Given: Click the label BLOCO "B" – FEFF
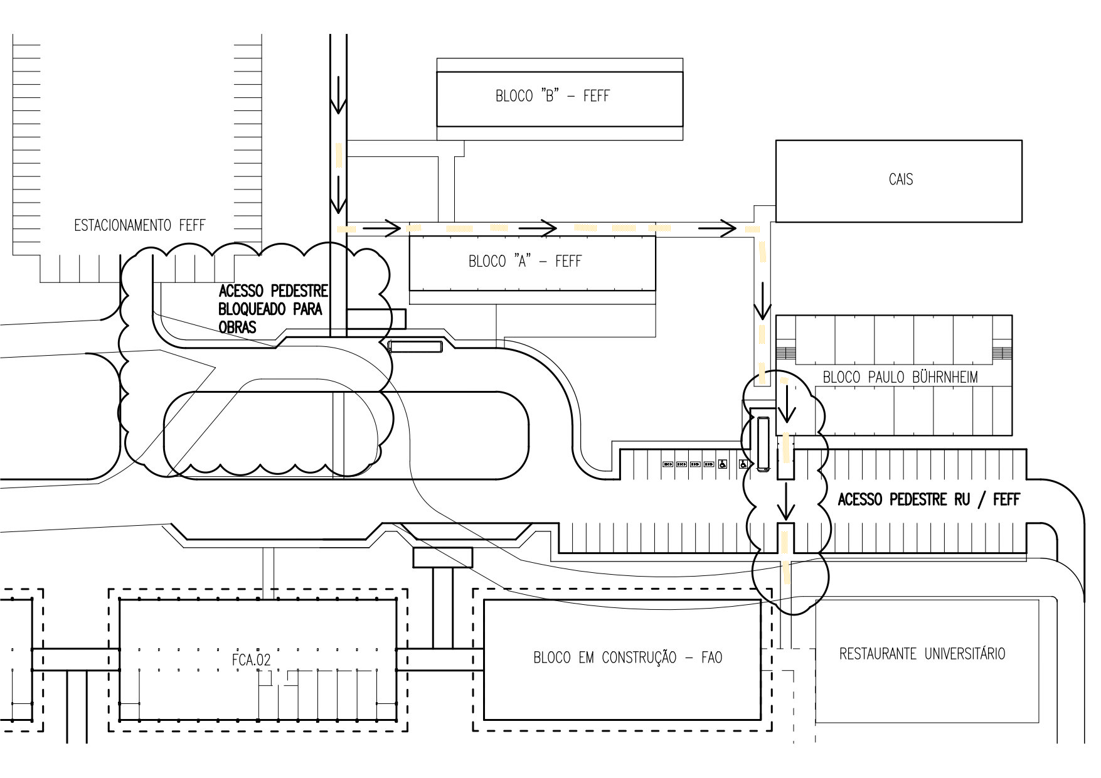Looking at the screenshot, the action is coord(552,96).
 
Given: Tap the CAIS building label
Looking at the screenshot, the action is coord(901,179).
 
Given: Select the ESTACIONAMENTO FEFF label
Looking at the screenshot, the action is coord(139,225).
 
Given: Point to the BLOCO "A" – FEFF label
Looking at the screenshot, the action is coord(525,261).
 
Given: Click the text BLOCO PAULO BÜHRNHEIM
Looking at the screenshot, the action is coord(900,377).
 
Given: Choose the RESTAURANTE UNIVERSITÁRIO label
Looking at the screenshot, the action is coord(922,654).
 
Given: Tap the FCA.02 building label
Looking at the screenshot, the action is coord(251,660).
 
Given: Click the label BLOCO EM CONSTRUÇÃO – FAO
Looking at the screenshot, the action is coord(627,658).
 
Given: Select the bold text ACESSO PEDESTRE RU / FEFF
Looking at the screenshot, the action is coord(928,499).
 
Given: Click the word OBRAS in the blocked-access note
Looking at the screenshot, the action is coord(237,327).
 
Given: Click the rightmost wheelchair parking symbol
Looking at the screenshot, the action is coord(743,464).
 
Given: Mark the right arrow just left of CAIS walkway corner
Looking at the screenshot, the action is coord(717,228).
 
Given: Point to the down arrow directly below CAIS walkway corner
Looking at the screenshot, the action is coord(762,301).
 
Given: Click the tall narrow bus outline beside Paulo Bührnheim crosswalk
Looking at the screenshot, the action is coord(763,444).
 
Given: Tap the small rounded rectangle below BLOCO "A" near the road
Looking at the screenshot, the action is coord(415,346).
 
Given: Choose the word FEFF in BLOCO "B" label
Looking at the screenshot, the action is coord(596,96).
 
